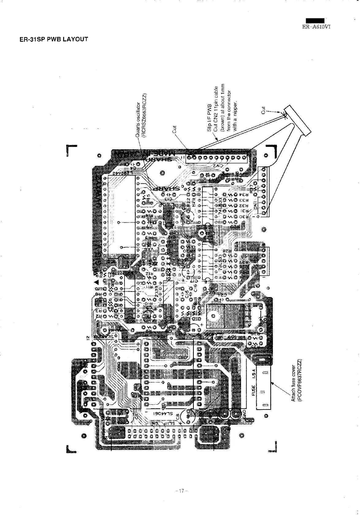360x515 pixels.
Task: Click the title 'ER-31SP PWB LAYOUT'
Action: click(x=54, y=39)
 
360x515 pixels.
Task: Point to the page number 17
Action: click(x=180, y=490)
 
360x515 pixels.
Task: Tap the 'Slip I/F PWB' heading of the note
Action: click(x=209, y=118)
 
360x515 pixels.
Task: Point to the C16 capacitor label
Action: click(x=196, y=288)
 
